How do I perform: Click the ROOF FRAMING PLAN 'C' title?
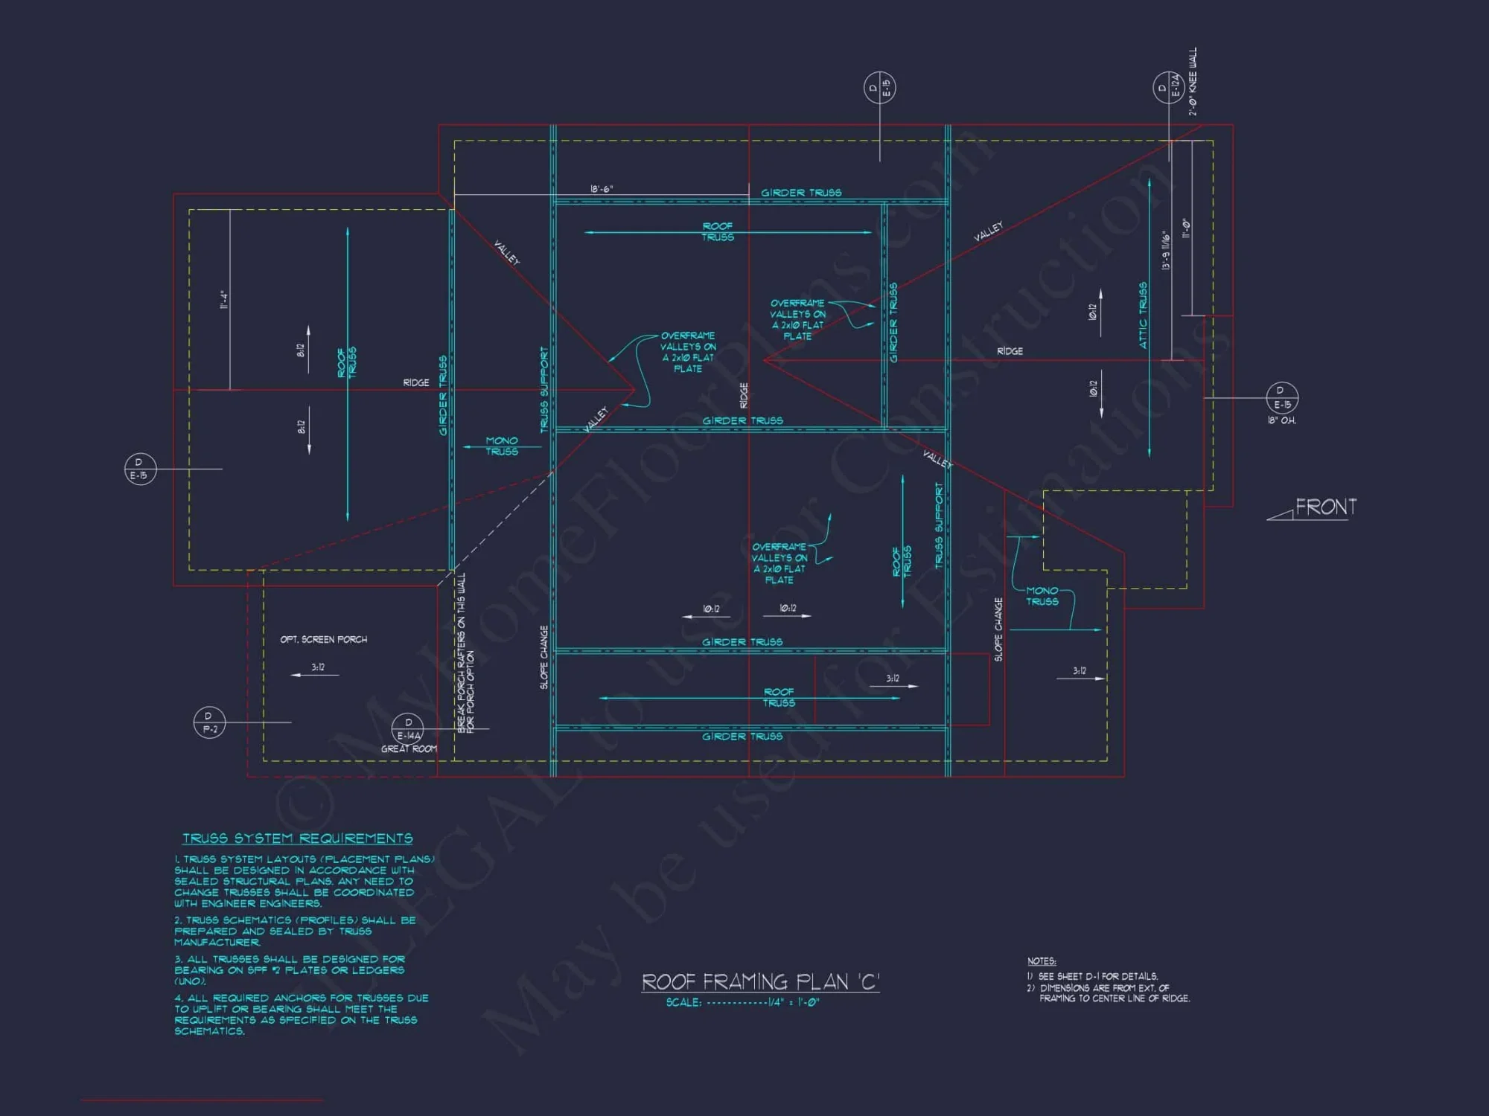point(760,982)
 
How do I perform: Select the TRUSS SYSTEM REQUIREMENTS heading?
point(298,838)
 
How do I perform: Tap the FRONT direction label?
point(1325,507)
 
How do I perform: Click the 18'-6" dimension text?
point(602,189)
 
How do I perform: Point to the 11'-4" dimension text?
point(223,299)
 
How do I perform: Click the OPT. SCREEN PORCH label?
point(323,639)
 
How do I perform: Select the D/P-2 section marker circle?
point(209,722)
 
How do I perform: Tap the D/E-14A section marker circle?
point(408,728)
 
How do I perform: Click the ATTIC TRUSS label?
point(1143,315)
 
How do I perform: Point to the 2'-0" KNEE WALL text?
point(1193,82)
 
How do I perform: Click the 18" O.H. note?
point(1281,421)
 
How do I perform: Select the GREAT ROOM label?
point(409,749)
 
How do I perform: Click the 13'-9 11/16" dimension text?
point(1166,251)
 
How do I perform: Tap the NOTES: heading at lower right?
point(1042,961)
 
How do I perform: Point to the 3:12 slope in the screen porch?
point(318,667)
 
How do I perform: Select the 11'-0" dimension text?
point(1186,228)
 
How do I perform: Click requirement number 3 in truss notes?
point(290,970)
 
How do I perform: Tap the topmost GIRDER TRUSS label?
point(801,193)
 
